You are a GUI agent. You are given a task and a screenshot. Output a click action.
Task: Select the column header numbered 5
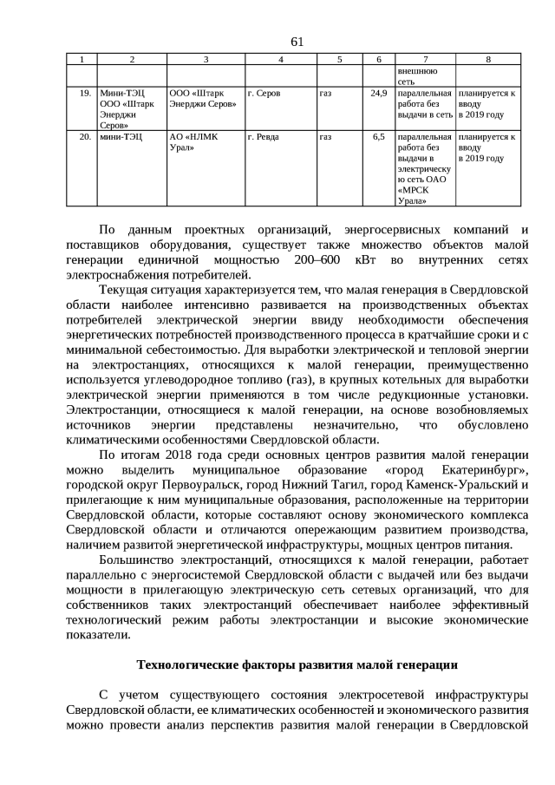coord(339,59)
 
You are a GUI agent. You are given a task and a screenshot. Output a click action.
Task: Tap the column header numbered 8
coord(488,59)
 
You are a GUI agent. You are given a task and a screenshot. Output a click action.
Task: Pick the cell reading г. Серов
coord(264,93)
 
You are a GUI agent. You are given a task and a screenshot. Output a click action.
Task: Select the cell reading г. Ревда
coord(264,137)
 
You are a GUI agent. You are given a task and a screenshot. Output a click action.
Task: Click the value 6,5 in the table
coord(379,137)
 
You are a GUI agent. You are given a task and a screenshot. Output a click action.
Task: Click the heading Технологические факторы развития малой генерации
coord(297,665)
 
